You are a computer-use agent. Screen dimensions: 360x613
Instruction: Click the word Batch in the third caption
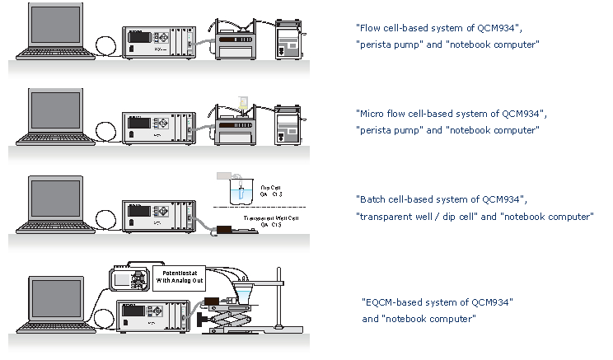pos(372,200)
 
